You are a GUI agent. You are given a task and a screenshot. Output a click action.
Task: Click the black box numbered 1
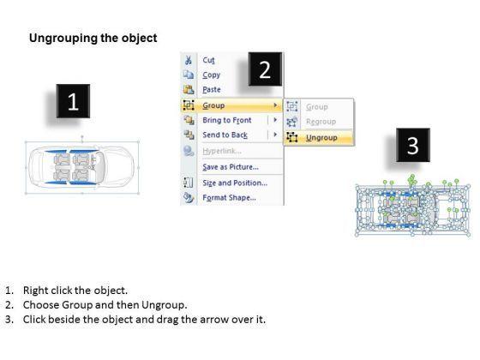[73, 101]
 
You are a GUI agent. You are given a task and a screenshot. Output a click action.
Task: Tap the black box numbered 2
[265, 69]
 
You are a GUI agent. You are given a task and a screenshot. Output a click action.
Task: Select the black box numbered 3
[413, 145]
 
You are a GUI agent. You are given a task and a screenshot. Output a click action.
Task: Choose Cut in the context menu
[208, 60]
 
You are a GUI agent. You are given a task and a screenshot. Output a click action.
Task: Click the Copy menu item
[211, 75]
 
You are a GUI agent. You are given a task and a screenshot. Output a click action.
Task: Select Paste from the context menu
[212, 90]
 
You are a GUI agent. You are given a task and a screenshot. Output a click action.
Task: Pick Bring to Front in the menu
[227, 120]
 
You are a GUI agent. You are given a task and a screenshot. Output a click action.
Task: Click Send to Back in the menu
[225, 135]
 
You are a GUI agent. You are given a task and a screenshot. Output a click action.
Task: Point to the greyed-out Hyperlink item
[222, 151]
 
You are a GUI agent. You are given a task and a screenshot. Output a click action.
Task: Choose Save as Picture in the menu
[231, 167]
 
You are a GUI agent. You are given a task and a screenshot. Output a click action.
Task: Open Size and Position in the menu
[235, 183]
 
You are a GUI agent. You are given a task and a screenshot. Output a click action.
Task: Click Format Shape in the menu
[230, 197]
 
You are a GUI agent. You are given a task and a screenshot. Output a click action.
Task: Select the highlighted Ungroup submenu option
[321, 138]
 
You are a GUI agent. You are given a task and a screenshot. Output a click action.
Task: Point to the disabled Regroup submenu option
[321, 122]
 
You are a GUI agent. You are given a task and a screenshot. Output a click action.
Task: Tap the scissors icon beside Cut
[189, 60]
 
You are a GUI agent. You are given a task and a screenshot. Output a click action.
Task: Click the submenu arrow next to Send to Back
[275, 135]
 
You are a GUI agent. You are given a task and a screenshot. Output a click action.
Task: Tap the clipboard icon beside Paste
[189, 89]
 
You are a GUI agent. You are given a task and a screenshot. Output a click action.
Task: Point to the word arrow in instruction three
[213, 320]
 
